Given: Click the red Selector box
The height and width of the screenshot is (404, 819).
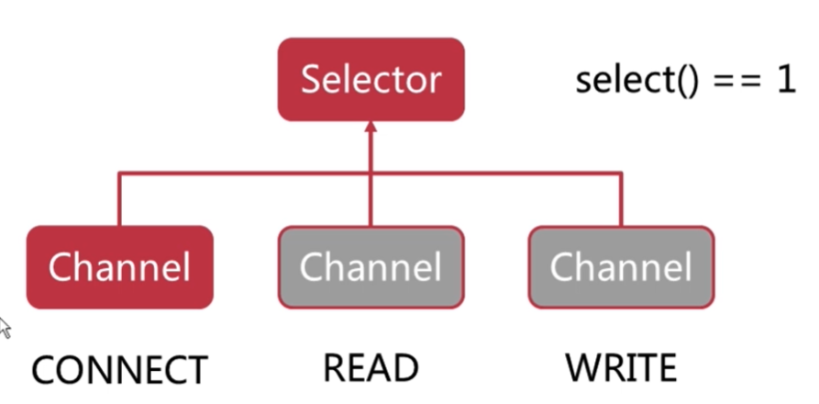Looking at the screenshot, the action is [x=371, y=80].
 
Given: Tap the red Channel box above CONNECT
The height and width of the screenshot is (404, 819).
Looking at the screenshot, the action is [x=119, y=267].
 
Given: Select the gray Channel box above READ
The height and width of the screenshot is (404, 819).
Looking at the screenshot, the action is [x=371, y=267].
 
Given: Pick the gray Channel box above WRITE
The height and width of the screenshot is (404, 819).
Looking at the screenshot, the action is [x=621, y=267].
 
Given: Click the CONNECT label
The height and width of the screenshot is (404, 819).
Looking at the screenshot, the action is [x=119, y=369].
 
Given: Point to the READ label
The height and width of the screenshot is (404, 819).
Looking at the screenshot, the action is [x=371, y=368].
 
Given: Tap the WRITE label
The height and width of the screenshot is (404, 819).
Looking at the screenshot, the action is [x=621, y=368].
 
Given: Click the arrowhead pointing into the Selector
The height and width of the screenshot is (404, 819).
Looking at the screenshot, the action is [x=371, y=127].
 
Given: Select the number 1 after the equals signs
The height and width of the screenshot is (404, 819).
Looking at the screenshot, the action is [x=786, y=81].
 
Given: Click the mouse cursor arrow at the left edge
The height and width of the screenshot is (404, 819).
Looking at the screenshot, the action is [x=5, y=327].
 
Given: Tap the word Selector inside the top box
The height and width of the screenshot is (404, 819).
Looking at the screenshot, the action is [x=371, y=80].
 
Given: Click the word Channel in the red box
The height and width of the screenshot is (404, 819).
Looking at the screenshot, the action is [x=119, y=266].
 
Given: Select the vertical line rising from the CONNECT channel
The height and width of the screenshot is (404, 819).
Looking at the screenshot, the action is [x=119, y=198].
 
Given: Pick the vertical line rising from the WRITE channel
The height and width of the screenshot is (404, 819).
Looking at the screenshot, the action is [x=621, y=198].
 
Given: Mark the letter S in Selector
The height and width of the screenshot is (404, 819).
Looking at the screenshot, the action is [x=311, y=80].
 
